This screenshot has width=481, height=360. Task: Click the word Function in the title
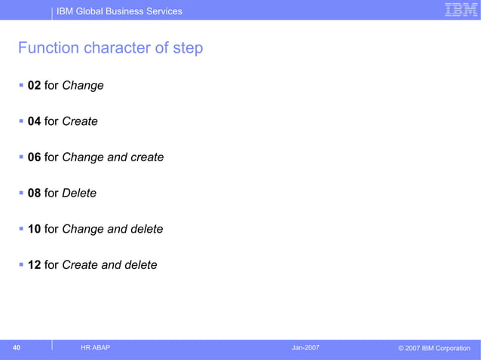48,48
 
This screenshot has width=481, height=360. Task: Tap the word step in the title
186,48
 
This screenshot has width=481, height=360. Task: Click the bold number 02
34,86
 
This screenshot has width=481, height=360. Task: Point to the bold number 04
34,121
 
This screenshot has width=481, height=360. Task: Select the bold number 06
34,157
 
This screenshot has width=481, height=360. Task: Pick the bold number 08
34,194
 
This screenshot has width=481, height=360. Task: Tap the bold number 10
34,229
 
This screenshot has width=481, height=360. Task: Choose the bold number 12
34,265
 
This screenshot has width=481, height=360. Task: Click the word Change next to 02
83,86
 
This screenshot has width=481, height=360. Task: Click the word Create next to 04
80,121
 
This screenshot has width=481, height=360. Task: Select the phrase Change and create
112,157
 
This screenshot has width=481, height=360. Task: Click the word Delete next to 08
79,194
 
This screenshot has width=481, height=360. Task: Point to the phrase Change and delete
112,229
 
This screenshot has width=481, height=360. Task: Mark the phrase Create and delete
109,265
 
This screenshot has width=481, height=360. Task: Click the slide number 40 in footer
16,347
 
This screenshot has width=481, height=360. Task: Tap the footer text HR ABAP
95,347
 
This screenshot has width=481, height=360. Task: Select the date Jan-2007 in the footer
305,347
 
